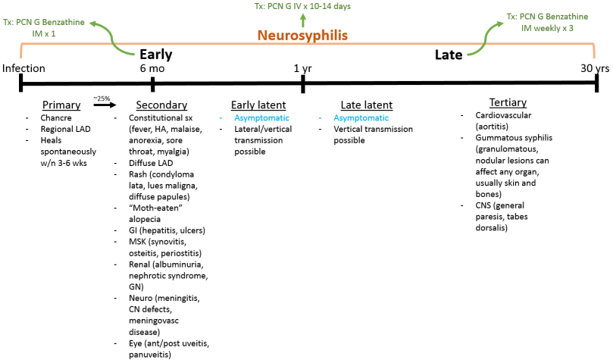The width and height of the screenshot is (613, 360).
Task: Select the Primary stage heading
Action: pos(62,105)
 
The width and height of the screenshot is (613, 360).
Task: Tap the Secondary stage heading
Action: pos(161,105)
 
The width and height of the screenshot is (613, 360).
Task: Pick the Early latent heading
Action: pos(258,105)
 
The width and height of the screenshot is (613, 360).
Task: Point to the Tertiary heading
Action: pos(508,102)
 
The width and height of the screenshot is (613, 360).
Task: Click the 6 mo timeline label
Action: pos(152,68)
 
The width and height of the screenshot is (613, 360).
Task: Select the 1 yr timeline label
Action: pos(303,68)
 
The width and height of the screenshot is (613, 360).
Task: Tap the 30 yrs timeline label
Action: pos(595,68)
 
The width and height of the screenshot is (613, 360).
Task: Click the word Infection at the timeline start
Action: pos(23,68)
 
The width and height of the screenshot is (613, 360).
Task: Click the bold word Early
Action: pos(155,55)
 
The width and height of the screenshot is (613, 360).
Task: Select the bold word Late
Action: pos(449,55)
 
